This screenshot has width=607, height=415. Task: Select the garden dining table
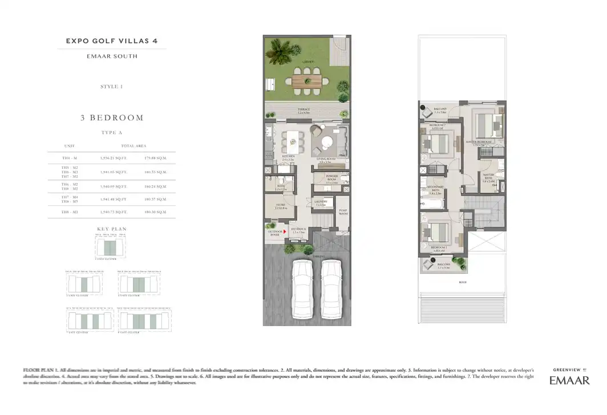[305, 80]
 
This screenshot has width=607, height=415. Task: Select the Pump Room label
[342, 212]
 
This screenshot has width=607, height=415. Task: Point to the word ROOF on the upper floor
[462, 281]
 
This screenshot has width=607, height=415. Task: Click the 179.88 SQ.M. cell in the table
[156, 157]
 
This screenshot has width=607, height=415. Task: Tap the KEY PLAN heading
[111, 229]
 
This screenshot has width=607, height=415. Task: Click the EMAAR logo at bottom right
[569, 380]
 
